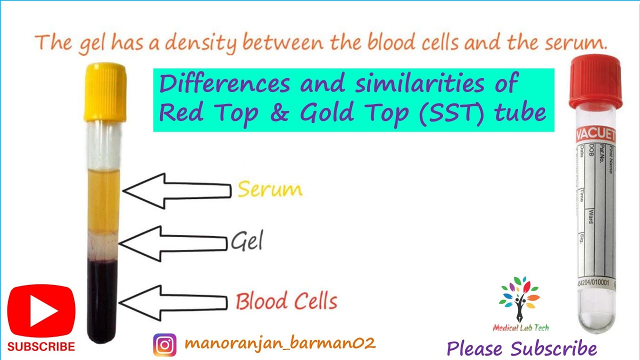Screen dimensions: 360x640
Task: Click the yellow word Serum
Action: (270, 190)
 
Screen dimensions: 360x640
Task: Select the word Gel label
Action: (246, 242)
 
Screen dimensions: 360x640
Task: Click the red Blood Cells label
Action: (286, 301)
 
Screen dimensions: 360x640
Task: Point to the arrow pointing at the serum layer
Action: (175, 191)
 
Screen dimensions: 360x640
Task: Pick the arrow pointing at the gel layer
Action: (172, 243)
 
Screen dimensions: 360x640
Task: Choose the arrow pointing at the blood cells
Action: (172, 302)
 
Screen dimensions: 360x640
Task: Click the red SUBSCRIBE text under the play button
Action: (41, 346)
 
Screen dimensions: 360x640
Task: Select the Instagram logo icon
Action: (164, 344)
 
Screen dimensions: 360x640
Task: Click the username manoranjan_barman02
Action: (280, 343)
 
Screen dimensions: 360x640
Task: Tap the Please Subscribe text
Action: (521, 348)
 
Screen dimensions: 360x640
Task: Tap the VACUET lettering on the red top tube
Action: (596, 135)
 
